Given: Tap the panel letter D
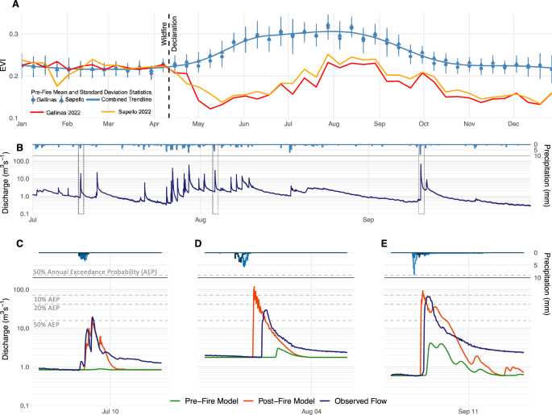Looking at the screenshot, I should [198, 243].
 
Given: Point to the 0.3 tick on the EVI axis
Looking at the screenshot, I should [14, 34].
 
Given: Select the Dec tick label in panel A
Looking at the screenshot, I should [512, 125].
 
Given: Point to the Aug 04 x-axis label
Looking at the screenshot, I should [312, 388].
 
